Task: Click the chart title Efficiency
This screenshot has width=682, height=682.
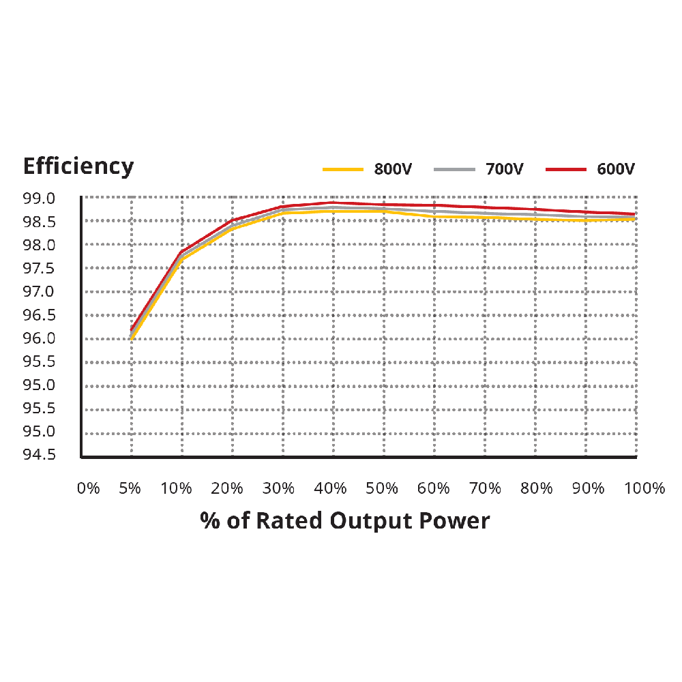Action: pos(78,166)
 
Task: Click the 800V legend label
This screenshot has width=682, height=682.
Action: pos(393,169)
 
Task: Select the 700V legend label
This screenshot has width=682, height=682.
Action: pos(504,169)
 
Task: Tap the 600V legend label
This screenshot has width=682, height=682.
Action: pos(616,169)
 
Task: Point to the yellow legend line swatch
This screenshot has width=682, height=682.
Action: pos(343,168)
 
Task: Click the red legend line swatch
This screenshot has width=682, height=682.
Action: pos(566,168)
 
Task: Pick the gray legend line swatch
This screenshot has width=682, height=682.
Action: pos(454,168)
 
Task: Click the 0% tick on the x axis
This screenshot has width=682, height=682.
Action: pos(88,488)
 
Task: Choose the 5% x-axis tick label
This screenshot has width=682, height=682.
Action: pos(130,488)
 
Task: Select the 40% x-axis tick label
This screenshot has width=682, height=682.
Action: pos(330,488)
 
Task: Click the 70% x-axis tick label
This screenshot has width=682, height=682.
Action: pos(485,488)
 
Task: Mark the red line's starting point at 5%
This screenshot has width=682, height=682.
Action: pos(131,329)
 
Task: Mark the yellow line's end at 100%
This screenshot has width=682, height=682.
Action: pos(635,219)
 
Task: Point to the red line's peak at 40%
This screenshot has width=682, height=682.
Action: pos(332,203)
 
